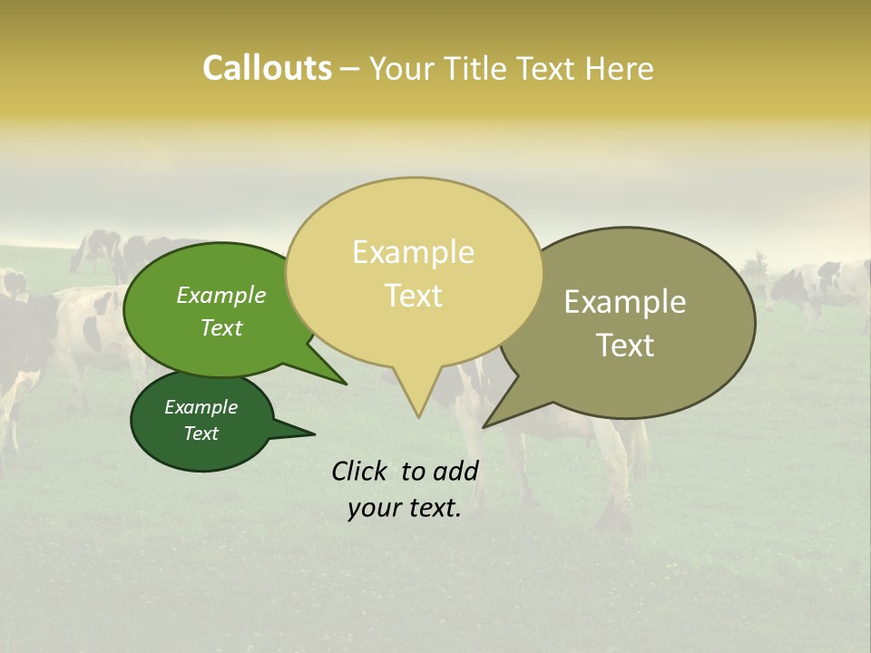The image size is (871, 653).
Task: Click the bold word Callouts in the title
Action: click(267, 68)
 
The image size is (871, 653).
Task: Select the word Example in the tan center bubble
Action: click(413, 252)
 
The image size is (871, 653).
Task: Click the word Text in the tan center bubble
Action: click(413, 296)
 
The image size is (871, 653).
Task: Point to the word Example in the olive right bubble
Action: click(625, 302)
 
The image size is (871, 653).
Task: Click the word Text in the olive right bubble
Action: click(625, 346)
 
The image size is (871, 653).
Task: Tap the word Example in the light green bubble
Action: click(220, 296)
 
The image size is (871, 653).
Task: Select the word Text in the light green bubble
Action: click(220, 327)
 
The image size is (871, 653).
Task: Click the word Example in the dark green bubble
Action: click(201, 407)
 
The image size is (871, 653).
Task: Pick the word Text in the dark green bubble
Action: click(201, 434)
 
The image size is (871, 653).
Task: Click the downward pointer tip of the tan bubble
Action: click(418, 416)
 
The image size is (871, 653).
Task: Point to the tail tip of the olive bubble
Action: click(484, 426)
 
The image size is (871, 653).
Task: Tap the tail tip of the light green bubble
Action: click(346, 384)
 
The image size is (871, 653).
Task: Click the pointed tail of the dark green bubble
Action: click(313, 434)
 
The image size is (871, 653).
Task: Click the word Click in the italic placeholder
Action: click(360, 471)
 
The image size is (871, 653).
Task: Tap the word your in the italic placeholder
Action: click(374, 508)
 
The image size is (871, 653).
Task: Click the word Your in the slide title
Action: click(401, 69)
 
